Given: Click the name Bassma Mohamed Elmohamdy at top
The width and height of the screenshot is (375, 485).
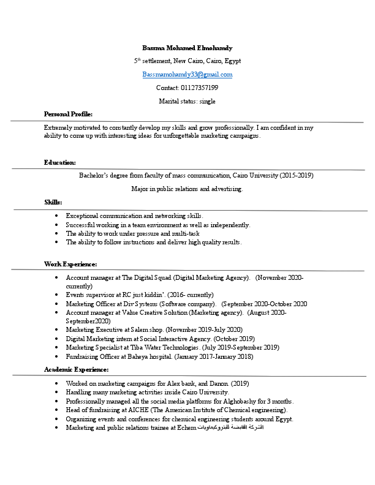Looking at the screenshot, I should (187, 48).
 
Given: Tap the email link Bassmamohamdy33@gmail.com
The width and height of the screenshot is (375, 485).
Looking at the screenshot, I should (187, 75).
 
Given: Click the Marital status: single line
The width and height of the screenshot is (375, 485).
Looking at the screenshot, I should (187, 102).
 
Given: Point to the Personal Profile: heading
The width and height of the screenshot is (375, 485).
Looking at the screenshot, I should (68, 115).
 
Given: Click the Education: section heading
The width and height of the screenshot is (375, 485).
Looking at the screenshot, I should (59, 163).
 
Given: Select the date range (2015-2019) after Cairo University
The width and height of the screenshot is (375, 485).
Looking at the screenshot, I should (297, 176).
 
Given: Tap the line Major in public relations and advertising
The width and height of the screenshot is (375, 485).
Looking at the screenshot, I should (187, 189).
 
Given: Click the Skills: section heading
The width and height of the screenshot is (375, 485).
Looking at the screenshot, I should (53, 202).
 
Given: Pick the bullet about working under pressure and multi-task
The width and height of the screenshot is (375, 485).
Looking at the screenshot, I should (132, 234).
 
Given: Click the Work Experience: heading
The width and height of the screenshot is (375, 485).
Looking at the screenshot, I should (70, 264).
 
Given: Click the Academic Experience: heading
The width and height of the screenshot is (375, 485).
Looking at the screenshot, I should (76, 370).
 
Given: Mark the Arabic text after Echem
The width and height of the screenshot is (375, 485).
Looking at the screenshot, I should (230, 427).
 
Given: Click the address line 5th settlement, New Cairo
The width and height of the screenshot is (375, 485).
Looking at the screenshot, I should (187, 61).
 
